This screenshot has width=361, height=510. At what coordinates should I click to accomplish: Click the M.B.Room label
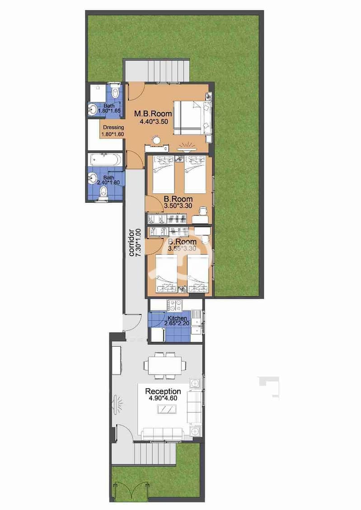tap(153, 114)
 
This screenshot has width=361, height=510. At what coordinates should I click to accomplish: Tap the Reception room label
tap(163, 391)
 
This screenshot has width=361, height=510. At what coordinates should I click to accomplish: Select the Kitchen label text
tap(177, 318)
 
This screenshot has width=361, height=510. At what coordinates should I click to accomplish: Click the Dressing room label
tap(113, 128)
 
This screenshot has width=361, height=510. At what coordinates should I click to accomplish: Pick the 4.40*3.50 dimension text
tap(154, 122)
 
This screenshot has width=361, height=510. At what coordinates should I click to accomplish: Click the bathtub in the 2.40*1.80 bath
tap(105, 160)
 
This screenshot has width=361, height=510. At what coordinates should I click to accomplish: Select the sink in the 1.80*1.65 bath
tap(92, 109)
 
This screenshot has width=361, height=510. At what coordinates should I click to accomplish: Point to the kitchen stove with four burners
tap(175, 305)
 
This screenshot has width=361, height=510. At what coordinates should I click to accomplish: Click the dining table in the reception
tap(165, 365)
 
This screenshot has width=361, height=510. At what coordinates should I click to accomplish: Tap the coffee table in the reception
tap(167, 409)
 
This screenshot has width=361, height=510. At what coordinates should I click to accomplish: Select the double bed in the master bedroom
tap(192, 117)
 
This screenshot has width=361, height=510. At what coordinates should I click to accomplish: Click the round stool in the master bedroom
tap(157, 140)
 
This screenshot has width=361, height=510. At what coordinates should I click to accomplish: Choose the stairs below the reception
tap(155, 455)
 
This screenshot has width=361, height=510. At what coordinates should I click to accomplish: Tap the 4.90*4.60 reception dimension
tap(163, 398)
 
